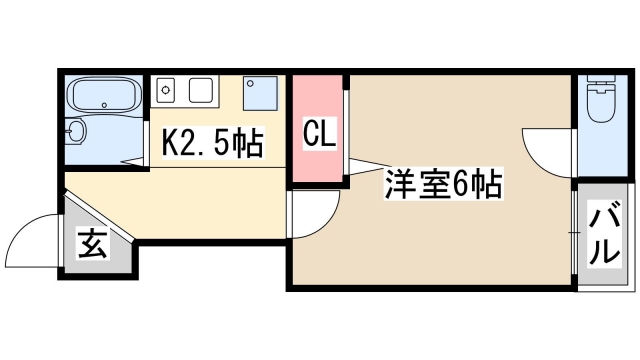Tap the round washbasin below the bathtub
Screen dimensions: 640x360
(78, 131)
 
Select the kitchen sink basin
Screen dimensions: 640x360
(200, 91)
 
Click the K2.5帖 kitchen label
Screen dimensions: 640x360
(213, 143)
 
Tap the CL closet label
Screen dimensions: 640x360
(318, 134)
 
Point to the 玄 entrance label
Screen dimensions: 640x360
(92, 244)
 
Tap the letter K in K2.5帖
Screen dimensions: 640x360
(172, 143)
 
